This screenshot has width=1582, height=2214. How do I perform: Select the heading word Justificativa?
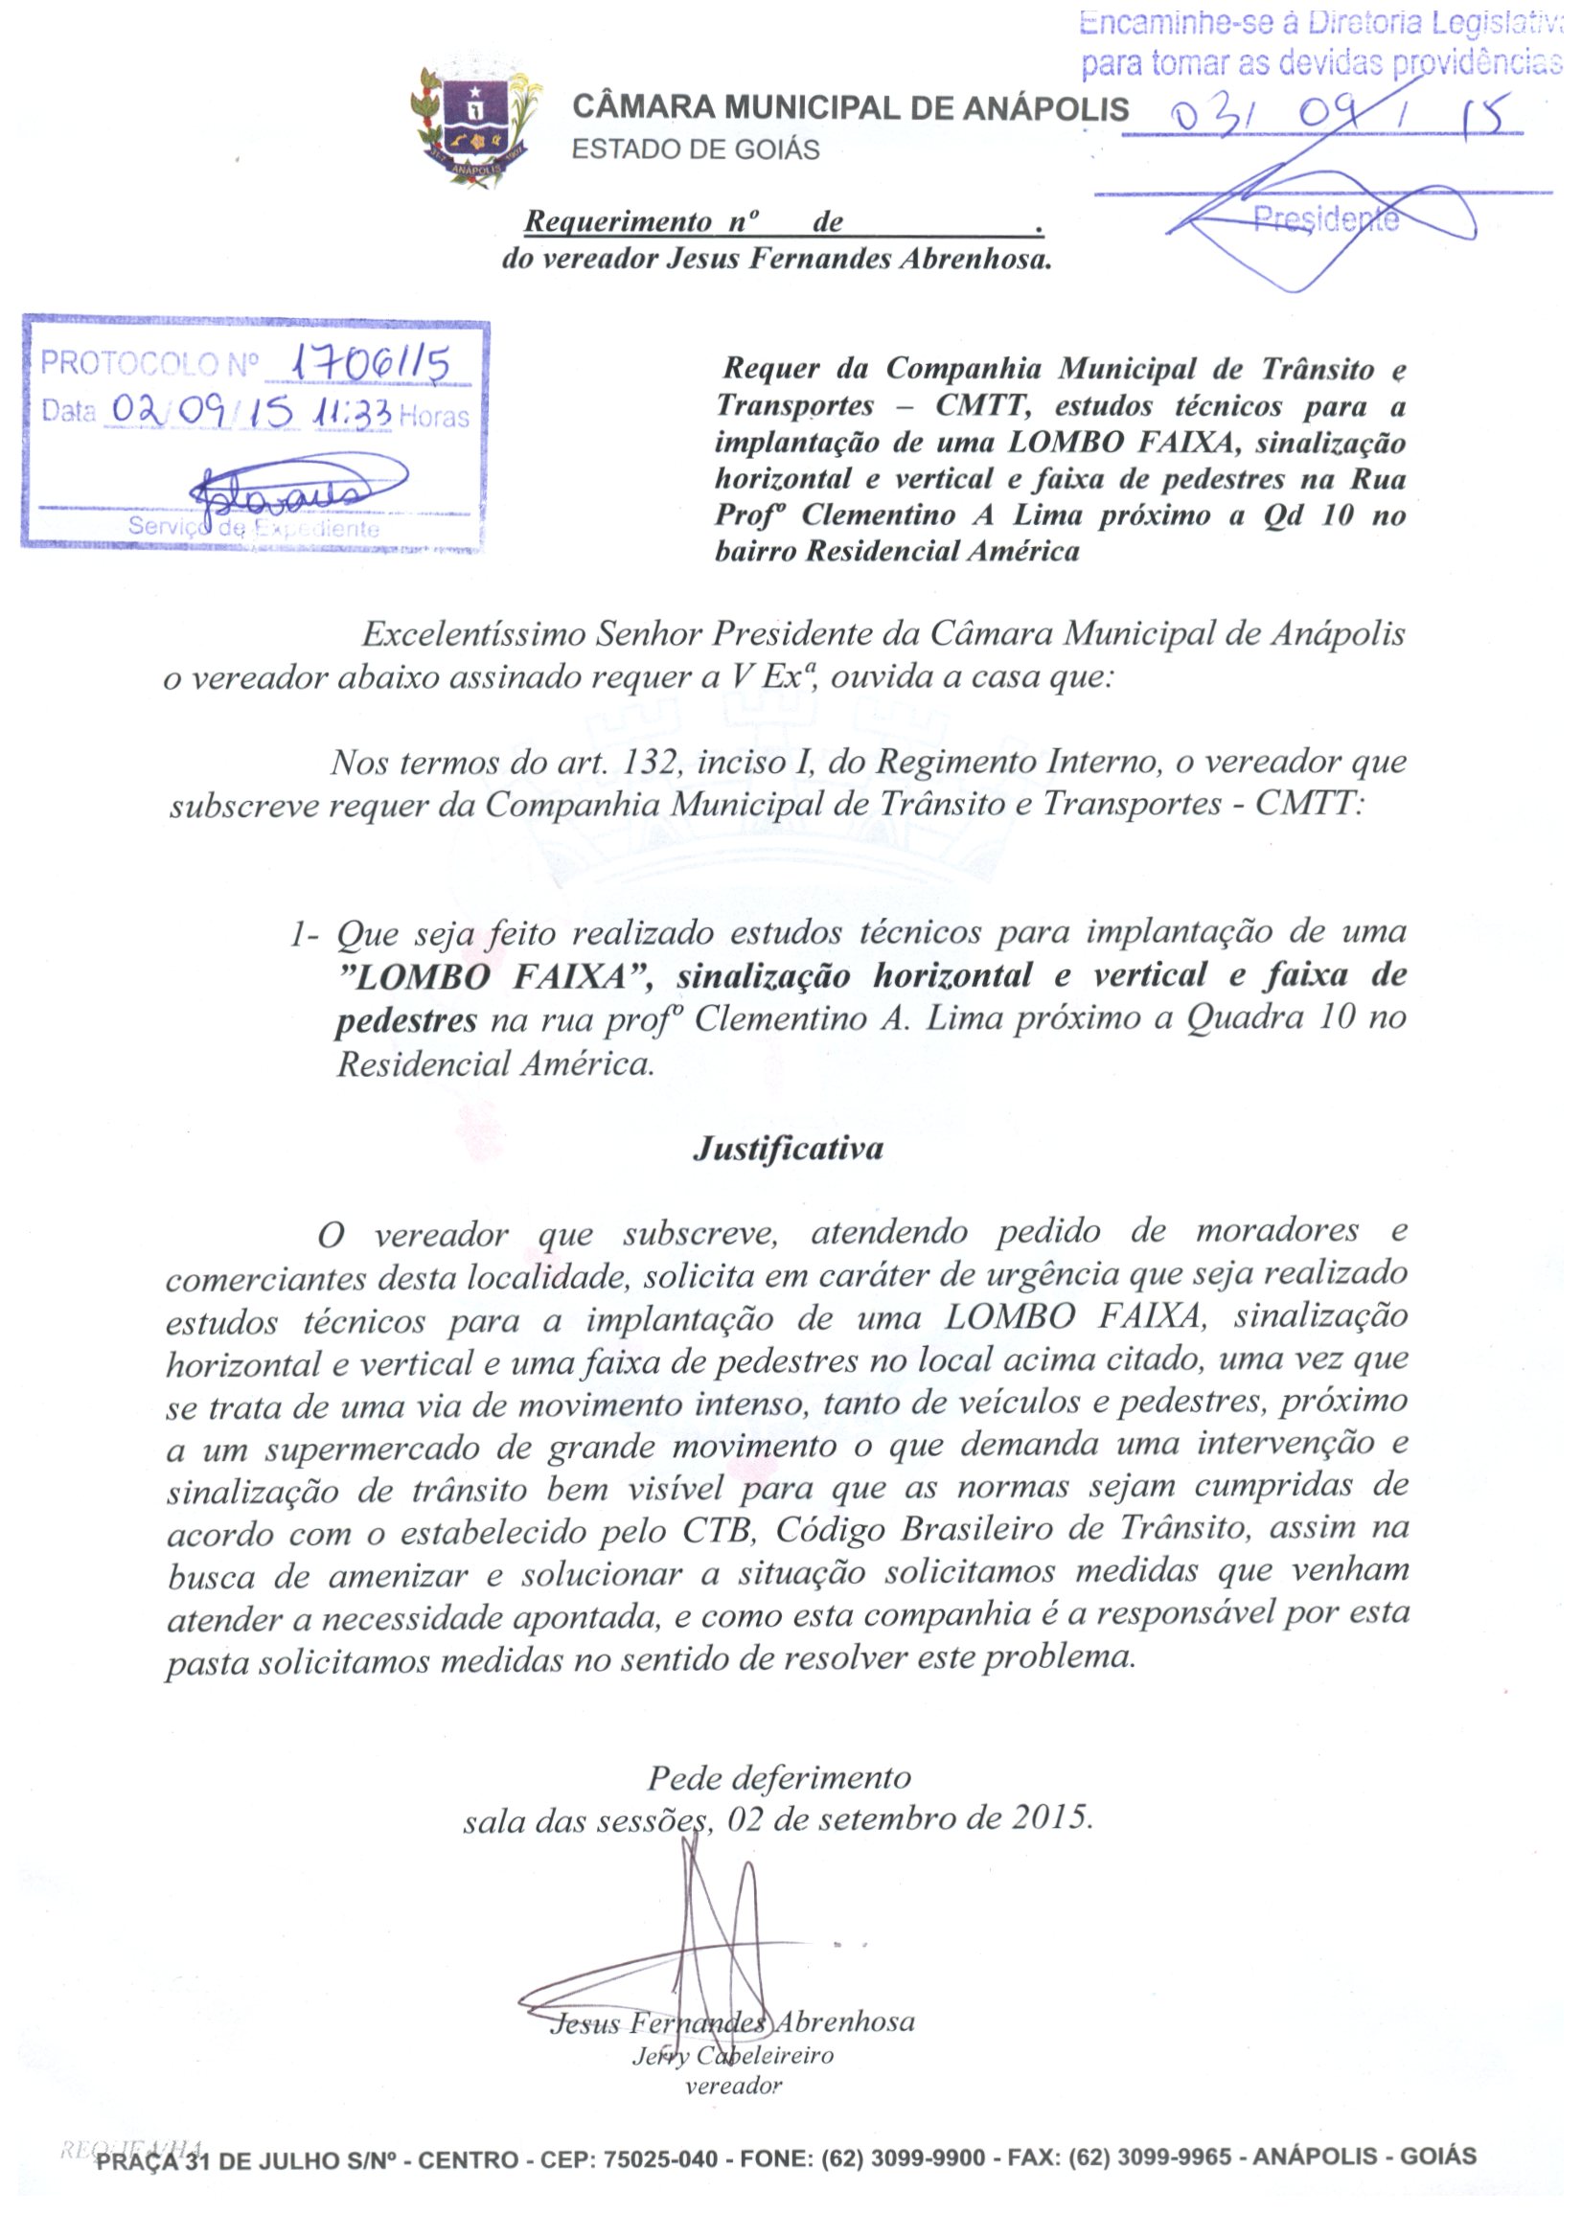point(788,1149)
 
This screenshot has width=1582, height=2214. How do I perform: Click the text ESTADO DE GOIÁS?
point(696,150)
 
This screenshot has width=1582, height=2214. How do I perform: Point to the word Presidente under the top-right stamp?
point(1326,220)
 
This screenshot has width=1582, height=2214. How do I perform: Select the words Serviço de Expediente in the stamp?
point(254,529)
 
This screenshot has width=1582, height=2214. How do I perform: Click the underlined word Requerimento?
point(618,222)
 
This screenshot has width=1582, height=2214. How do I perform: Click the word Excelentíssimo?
point(472,635)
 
